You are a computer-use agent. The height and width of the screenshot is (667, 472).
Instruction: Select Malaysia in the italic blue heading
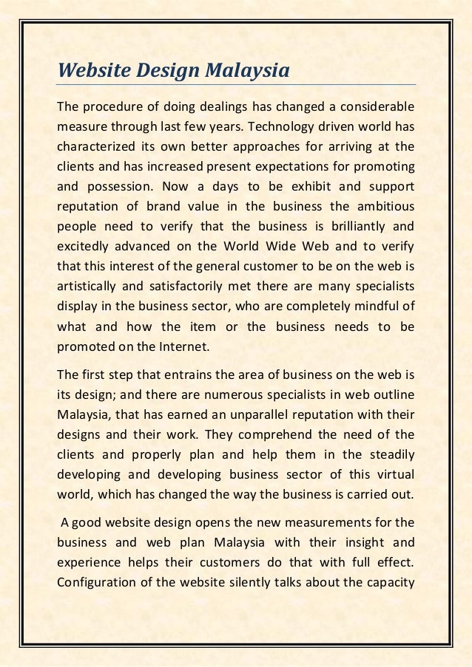(x=251, y=72)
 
